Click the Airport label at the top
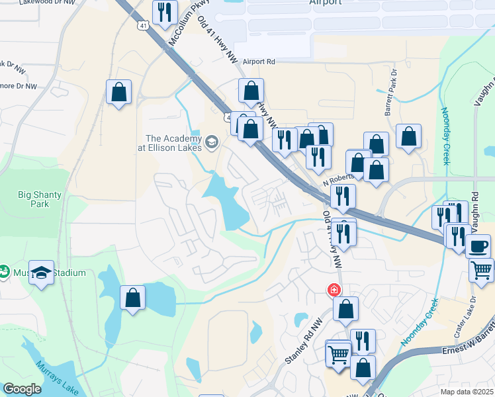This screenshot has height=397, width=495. coord(326,3)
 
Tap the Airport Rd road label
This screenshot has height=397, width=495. coord(259,62)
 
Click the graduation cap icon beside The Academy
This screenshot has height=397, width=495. coord(212,141)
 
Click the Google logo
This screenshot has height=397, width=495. coord(21,389)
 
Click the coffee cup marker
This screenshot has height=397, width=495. coord(478,247)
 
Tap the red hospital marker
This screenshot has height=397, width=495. coord(335,290)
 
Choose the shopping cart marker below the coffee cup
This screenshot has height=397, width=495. coord(481,269)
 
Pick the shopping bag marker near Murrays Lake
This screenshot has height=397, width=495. coord(132,298)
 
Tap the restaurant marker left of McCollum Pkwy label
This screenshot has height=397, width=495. coord(165,13)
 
